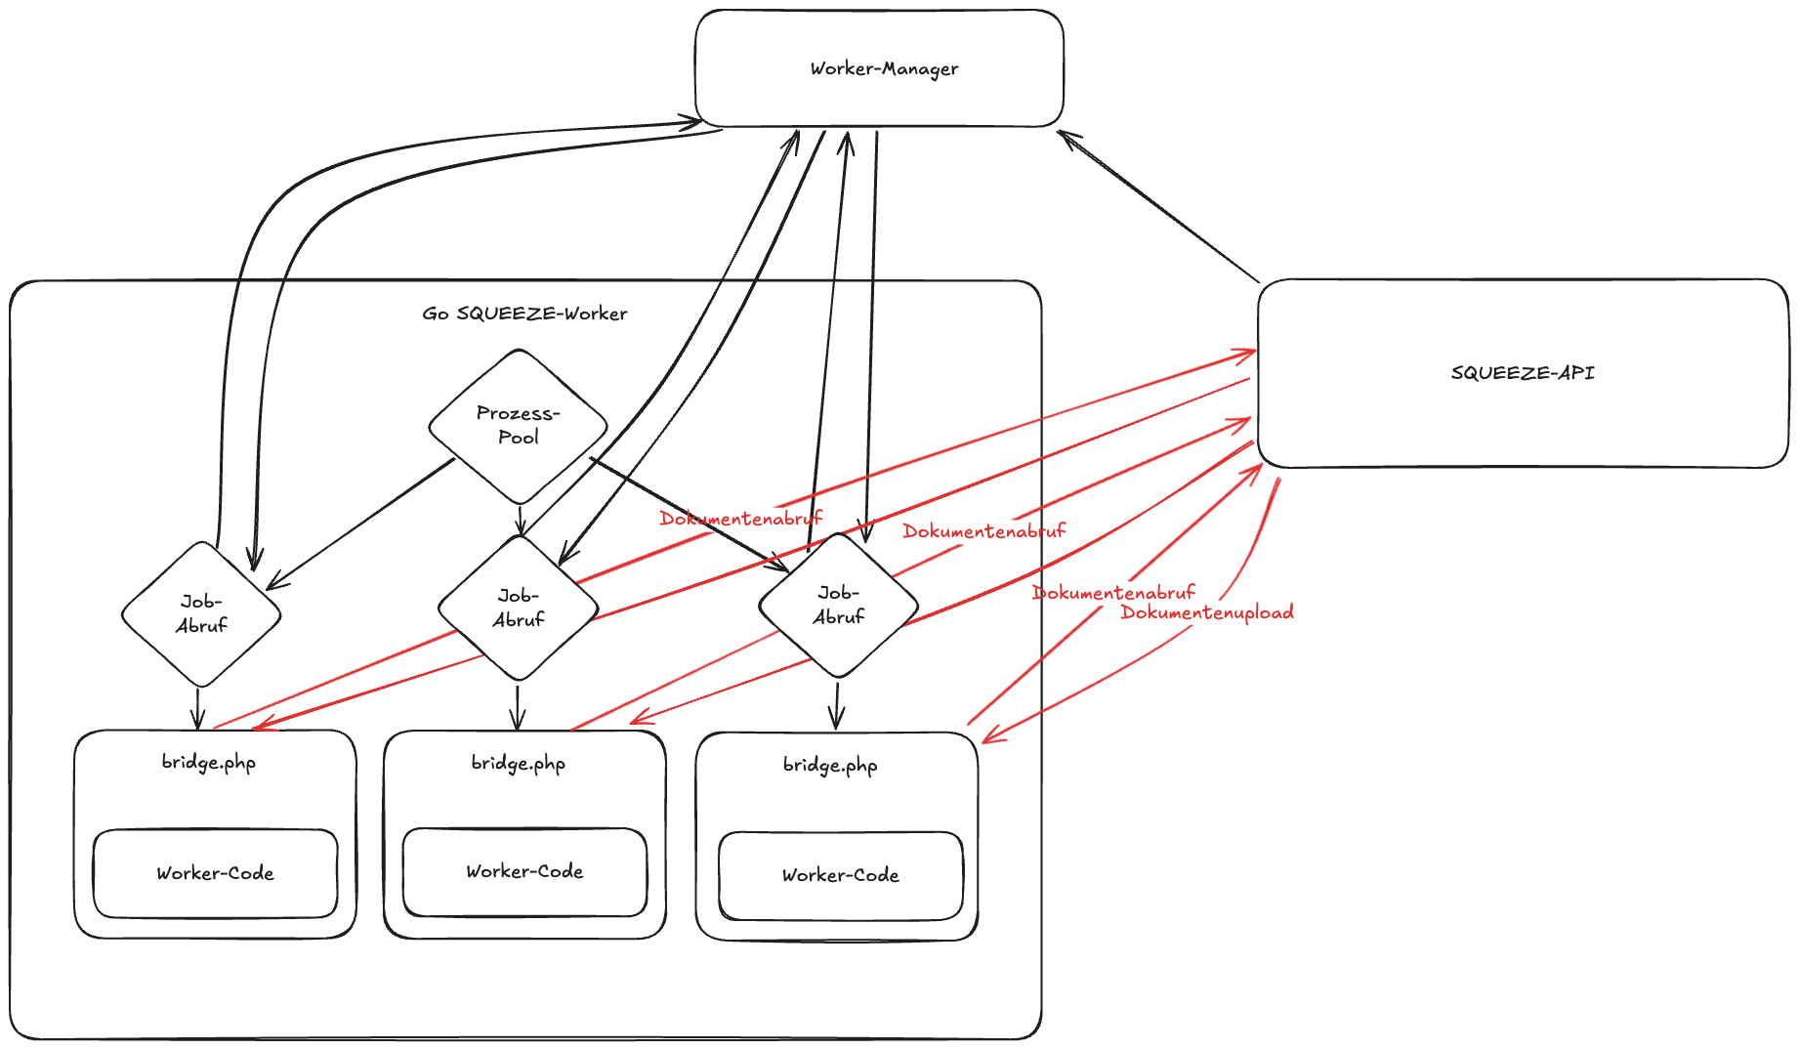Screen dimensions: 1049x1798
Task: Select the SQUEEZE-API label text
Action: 1522,373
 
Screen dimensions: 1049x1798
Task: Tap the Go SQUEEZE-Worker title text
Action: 524,314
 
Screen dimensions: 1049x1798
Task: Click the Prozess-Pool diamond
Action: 518,426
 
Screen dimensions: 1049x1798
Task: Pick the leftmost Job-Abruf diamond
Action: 201,614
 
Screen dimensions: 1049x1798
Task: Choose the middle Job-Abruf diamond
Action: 518,608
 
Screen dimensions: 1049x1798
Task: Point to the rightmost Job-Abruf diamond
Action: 838,606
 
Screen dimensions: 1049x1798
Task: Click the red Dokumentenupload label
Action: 1207,613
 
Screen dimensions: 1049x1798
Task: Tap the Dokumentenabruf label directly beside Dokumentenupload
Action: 1113,593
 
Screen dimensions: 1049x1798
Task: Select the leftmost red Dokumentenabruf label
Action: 740,519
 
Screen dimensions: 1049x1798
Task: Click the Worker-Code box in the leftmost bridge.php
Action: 215,873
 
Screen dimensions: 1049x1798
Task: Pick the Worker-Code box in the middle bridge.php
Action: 524,871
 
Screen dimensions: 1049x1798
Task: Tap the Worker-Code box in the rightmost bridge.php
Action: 840,875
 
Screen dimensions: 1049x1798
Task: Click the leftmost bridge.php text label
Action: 209,762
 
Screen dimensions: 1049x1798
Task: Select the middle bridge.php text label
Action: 518,763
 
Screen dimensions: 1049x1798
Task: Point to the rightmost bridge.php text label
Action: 830,765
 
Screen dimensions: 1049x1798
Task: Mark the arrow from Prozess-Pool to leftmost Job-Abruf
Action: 361,524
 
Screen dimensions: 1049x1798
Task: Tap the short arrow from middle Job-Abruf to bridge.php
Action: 518,706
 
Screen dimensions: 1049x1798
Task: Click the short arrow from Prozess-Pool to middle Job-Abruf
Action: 521,520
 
